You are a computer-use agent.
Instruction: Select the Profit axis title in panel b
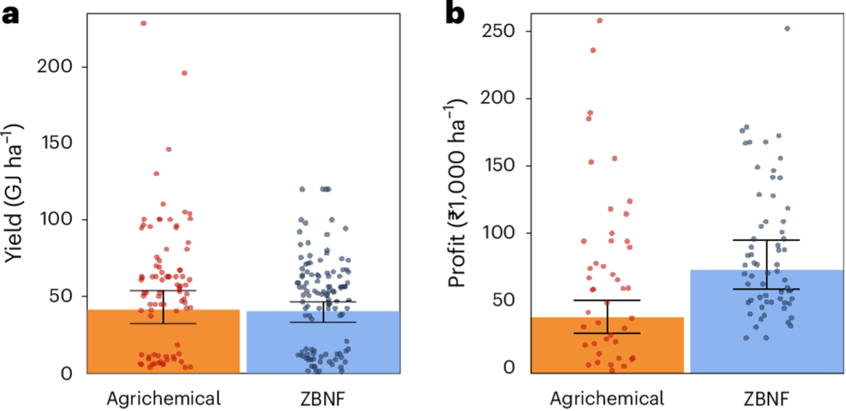click(456, 194)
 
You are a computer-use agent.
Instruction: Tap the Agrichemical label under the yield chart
click(164, 399)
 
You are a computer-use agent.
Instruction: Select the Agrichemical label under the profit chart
click(607, 399)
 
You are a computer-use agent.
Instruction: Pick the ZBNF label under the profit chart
click(766, 399)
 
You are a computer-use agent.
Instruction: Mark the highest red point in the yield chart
click(144, 23)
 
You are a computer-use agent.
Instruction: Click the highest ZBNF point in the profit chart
click(787, 28)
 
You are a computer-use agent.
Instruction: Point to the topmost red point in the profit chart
click(600, 21)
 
